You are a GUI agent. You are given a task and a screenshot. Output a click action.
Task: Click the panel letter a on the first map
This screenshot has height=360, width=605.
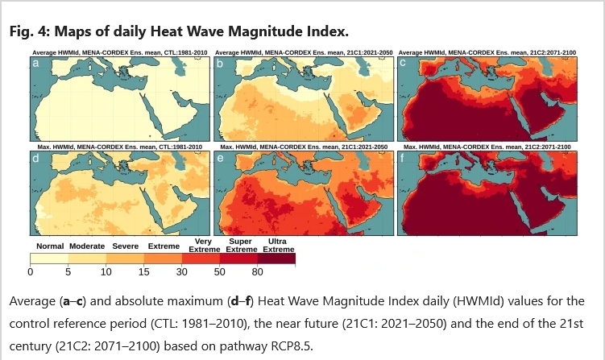(x=35, y=64)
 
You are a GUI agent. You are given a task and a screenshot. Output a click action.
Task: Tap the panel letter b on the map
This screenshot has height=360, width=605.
(x=220, y=64)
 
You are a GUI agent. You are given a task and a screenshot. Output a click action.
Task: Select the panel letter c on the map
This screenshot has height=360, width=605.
(x=403, y=63)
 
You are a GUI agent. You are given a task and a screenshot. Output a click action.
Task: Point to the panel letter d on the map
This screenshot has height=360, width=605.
(x=35, y=157)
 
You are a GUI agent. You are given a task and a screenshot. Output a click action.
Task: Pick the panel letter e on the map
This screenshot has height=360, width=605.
(x=220, y=158)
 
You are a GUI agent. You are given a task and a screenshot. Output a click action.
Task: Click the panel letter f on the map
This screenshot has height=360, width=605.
(x=403, y=157)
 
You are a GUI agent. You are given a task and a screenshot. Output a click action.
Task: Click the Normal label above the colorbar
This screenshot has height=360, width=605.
(x=50, y=246)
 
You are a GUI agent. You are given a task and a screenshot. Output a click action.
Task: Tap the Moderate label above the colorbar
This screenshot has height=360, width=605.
(x=87, y=246)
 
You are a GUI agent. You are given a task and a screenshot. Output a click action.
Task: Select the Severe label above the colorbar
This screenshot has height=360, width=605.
(x=126, y=246)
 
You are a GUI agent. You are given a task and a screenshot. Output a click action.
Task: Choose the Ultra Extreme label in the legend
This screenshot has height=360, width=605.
(x=279, y=246)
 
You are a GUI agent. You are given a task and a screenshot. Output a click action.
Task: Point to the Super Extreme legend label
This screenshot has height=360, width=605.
(x=242, y=246)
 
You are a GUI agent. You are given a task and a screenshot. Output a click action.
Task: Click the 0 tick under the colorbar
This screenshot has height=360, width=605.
(x=31, y=272)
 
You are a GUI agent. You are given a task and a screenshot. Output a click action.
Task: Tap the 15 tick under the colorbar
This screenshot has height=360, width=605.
(x=144, y=272)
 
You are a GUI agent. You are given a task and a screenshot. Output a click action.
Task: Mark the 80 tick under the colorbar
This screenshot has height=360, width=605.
(x=257, y=272)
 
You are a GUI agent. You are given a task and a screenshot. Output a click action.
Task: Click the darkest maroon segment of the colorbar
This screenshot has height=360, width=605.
(x=276, y=259)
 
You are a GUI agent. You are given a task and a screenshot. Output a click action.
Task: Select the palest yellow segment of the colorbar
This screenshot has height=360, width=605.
(x=49, y=259)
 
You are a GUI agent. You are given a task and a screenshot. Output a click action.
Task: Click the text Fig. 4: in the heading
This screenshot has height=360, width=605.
(x=29, y=31)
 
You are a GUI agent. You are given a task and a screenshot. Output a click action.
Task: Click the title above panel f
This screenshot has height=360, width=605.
(x=487, y=147)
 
